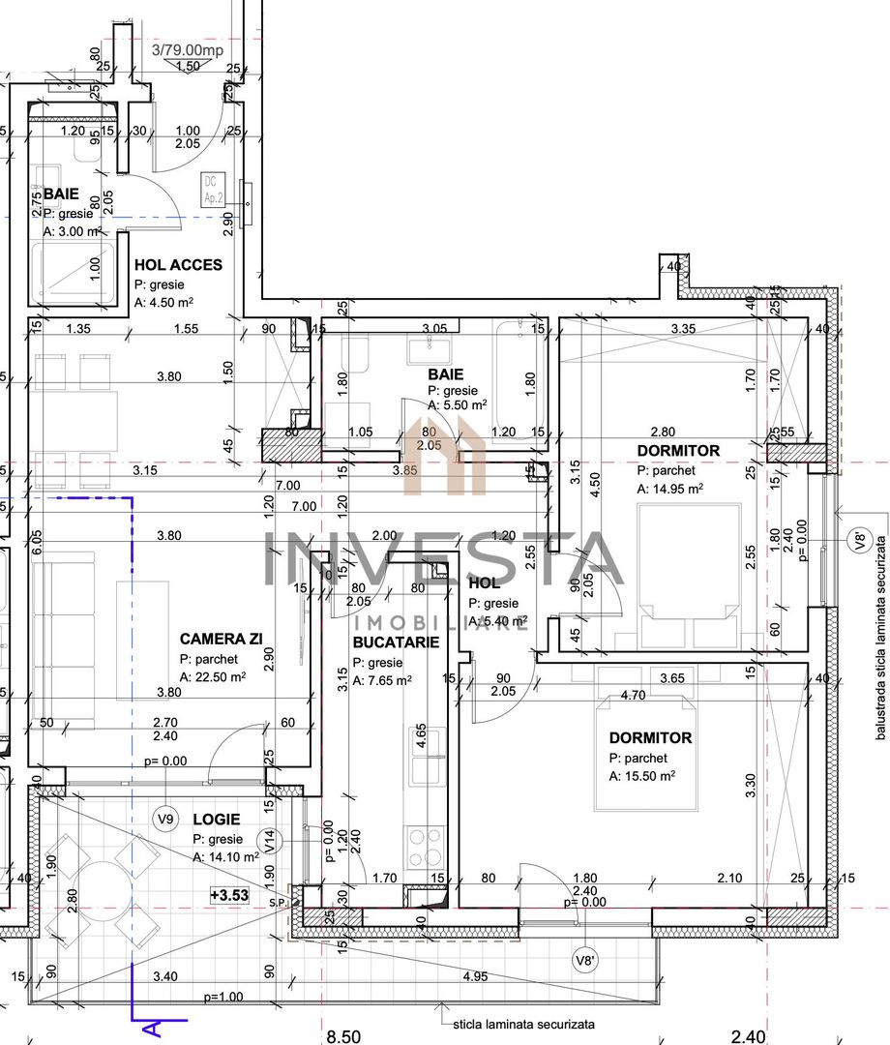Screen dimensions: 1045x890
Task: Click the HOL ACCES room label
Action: [x=178, y=265]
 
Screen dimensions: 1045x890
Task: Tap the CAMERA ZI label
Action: [x=222, y=639]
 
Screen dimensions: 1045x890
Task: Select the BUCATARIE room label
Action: [x=396, y=642]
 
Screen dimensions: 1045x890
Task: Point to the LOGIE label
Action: [x=216, y=819]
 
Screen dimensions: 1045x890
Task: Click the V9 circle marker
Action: [x=166, y=820]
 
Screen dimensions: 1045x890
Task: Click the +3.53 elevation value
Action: [x=229, y=896]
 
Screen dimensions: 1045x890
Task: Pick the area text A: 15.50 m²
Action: [x=641, y=776]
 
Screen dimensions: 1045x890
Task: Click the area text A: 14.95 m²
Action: [x=670, y=490]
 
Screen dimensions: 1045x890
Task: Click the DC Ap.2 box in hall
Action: [x=210, y=187]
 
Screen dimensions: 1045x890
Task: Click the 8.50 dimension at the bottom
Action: [x=342, y=1037]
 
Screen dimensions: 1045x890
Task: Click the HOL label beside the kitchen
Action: [x=484, y=583]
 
